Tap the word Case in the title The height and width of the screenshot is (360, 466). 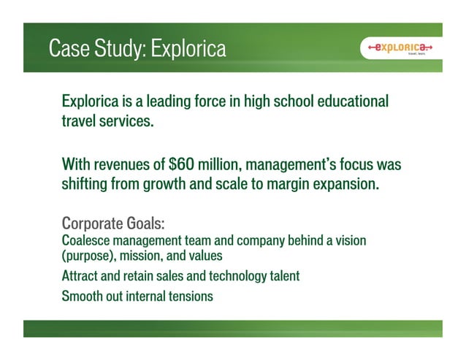(69, 49)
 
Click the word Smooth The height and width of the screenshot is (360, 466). (81, 296)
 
